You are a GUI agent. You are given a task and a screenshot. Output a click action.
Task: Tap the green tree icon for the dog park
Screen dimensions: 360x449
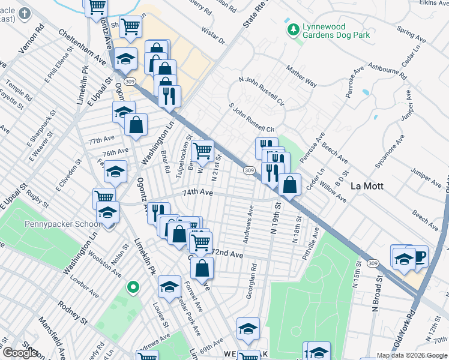point(293,29)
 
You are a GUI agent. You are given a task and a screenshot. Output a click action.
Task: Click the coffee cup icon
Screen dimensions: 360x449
point(418,256)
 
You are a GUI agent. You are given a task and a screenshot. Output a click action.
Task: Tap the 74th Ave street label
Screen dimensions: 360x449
point(198,193)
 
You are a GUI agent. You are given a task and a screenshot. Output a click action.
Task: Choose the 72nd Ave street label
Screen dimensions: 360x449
point(228,254)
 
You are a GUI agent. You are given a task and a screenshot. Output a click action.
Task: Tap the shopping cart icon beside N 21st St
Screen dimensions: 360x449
point(203,150)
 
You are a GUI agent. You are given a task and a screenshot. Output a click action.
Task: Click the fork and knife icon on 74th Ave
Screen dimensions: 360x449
point(158,211)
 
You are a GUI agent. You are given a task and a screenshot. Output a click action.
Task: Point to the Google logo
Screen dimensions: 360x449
point(20,353)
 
